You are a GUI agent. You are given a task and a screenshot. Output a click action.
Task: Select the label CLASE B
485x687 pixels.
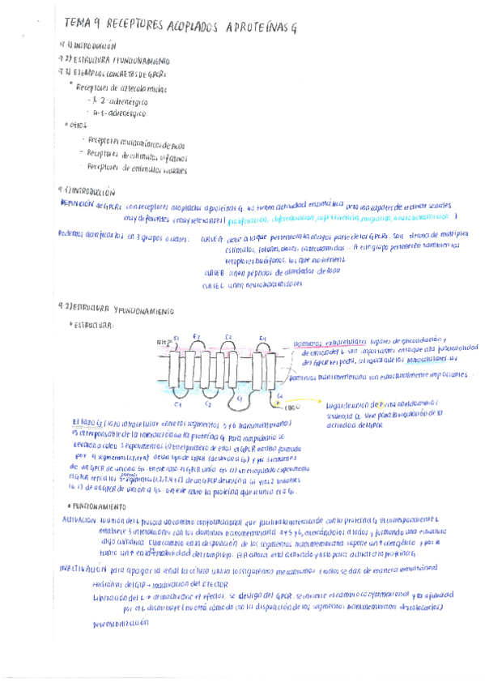216,271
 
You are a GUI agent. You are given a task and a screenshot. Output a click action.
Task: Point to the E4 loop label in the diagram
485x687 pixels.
262,338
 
